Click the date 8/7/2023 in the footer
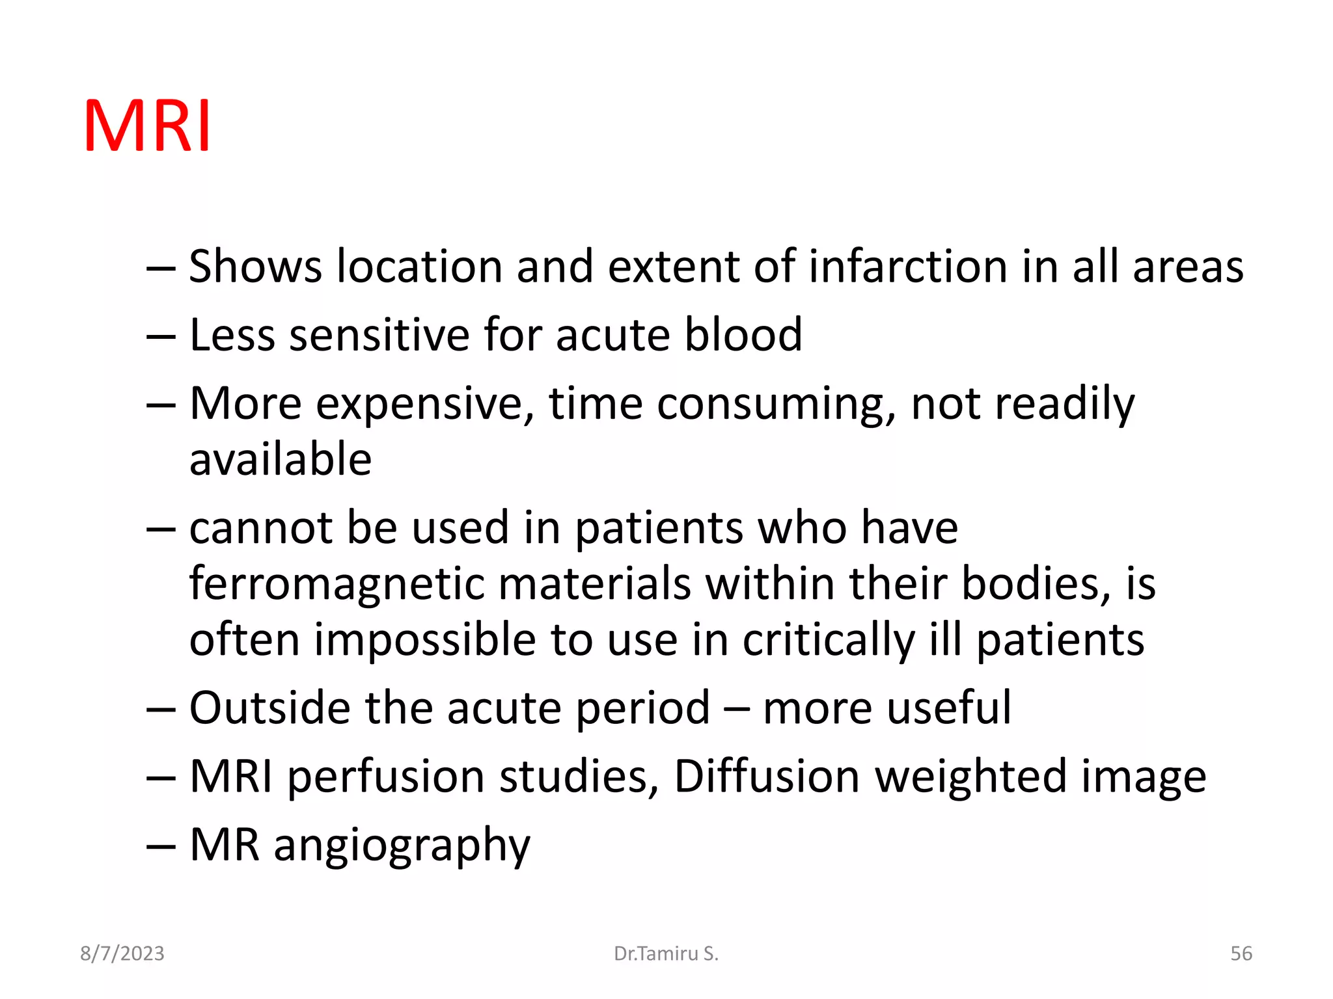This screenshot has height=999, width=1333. tap(122, 953)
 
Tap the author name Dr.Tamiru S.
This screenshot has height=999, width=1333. tap(666, 953)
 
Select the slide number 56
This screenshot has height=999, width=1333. tap(1241, 953)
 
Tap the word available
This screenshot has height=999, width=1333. tap(280, 459)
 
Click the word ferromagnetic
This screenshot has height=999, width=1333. tap(337, 583)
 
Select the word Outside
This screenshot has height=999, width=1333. tap(269, 708)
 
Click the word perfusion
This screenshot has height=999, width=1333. tap(386, 778)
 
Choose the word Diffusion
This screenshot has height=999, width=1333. tap(766, 777)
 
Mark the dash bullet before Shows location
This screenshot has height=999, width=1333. tap(161, 268)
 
